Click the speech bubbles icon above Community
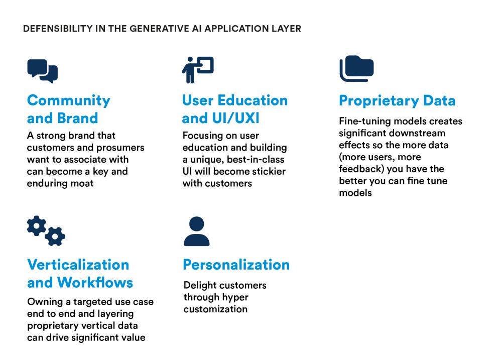[43, 71]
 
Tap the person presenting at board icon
[197, 70]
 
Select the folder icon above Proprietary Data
[356, 69]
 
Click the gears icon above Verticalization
[46, 230]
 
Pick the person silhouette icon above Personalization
[197, 231]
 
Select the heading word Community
[69, 101]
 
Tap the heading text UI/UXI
[235, 118]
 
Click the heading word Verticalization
[78, 265]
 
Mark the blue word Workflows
[95, 283]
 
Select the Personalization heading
[236, 265]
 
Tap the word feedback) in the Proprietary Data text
[361, 169]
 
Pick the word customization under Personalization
[215, 309]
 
